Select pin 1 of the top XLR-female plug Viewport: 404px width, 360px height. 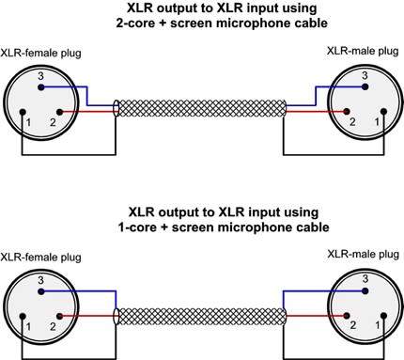22,112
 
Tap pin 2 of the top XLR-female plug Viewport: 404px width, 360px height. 59,112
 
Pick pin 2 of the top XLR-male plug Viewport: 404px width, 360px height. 345,112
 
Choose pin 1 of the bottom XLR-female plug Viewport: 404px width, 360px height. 22,315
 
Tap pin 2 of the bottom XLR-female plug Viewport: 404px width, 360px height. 59,315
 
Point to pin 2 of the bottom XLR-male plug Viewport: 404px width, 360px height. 345,315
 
